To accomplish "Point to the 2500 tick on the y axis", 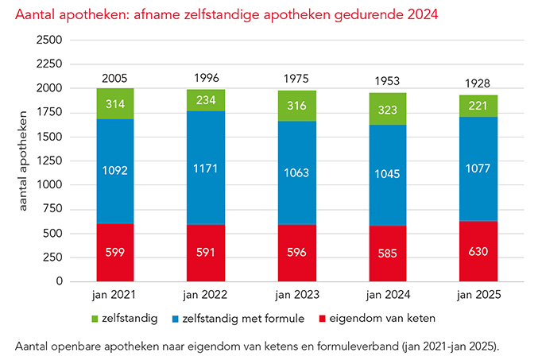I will (50, 41).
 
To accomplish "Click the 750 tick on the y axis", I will (54, 209).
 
